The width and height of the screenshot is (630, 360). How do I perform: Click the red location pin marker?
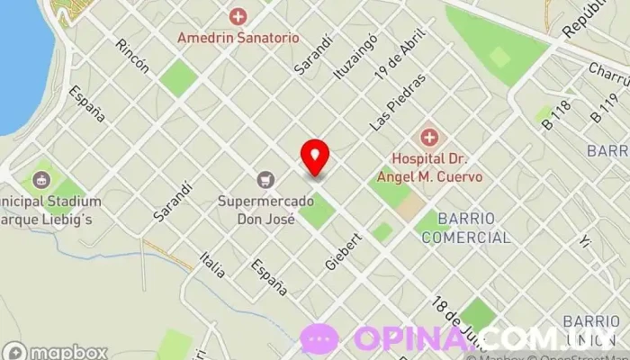315,157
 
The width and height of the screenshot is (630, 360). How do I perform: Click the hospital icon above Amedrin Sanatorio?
238,16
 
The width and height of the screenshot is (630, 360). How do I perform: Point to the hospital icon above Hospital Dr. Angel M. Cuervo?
430,138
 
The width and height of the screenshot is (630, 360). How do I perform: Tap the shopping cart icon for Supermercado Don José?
265,180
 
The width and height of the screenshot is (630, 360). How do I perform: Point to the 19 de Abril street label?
400,64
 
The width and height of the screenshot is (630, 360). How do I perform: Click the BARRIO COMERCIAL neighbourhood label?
465,229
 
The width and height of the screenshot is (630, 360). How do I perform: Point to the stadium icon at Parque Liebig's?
41,179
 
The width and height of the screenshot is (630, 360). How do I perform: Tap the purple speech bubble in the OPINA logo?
319,339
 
